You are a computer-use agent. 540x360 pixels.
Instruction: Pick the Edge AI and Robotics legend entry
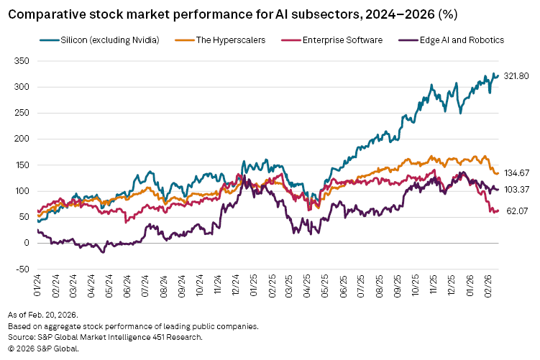click(x=457, y=40)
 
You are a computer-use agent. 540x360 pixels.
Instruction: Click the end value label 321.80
click(x=516, y=75)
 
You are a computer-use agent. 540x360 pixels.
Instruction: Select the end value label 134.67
click(x=516, y=172)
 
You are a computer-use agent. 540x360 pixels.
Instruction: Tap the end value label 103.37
click(x=516, y=189)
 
